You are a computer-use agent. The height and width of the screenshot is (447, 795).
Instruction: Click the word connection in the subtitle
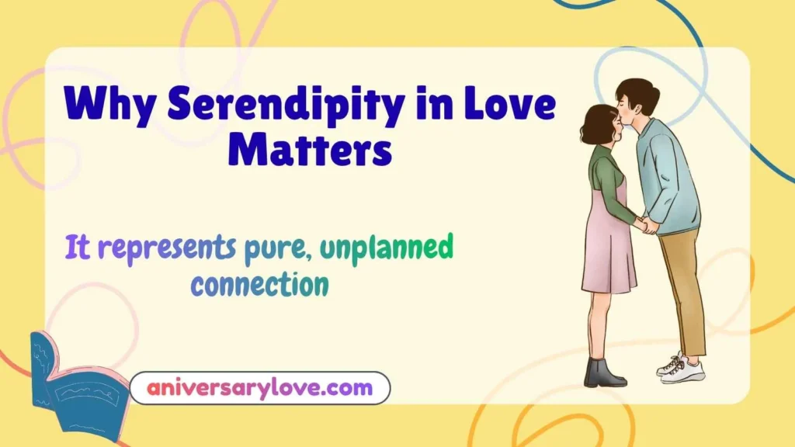[259, 286]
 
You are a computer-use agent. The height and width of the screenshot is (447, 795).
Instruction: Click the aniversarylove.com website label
[259, 387]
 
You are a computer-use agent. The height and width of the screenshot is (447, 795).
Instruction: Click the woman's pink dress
[609, 248]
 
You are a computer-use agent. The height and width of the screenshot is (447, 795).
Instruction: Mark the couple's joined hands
[644, 225]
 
